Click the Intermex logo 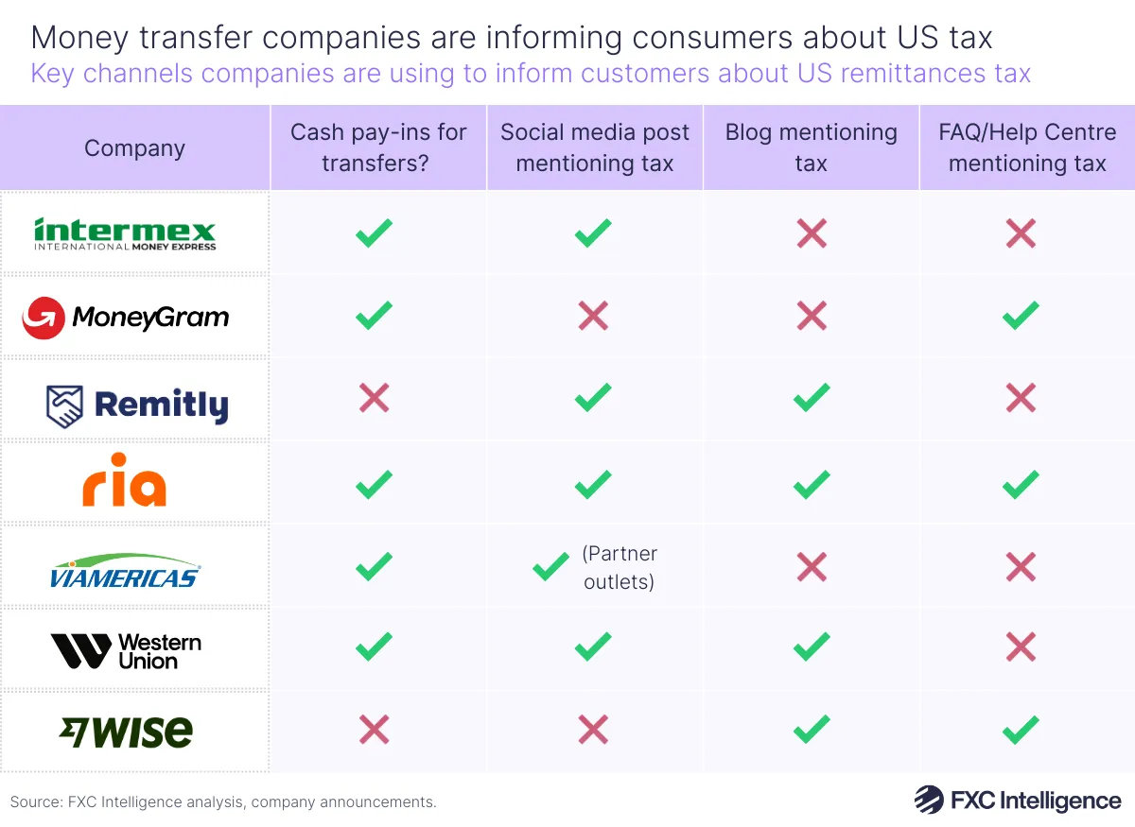(x=125, y=233)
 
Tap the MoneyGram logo (x=125, y=318)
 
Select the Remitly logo (x=137, y=405)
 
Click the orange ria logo (x=124, y=485)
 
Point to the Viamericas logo (x=125, y=571)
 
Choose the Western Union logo (x=126, y=651)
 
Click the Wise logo (x=125, y=732)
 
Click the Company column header (x=134, y=148)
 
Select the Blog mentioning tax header (x=811, y=147)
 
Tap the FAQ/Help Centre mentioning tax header (x=1027, y=147)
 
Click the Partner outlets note (x=620, y=567)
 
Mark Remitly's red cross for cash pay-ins (x=375, y=398)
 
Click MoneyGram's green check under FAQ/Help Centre (x=1021, y=316)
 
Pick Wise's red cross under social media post (x=593, y=729)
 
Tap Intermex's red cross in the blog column (x=812, y=233)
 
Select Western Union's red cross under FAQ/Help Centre (x=1021, y=647)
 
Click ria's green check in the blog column (x=812, y=485)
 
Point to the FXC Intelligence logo (x=1017, y=801)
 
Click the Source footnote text (x=223, y=801)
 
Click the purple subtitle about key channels (x=530, y=73)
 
